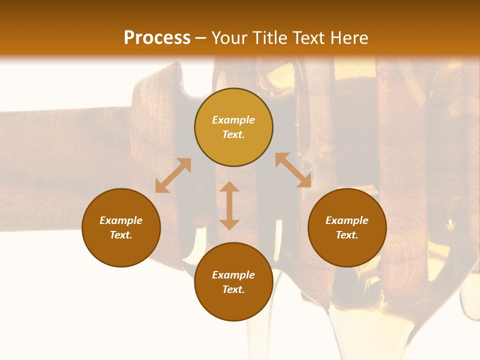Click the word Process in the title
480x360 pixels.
157,38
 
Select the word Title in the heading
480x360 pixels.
271,38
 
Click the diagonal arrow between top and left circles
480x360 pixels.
173,175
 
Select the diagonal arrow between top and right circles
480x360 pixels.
293,170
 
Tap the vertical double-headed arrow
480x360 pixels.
229,205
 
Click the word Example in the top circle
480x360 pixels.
233,120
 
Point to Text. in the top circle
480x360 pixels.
233,134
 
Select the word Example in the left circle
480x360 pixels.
121,220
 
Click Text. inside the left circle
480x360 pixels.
121,235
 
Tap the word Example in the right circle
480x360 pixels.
347,220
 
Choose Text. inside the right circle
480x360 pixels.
347,235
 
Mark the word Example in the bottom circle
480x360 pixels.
233,275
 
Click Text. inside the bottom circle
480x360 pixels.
233,289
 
